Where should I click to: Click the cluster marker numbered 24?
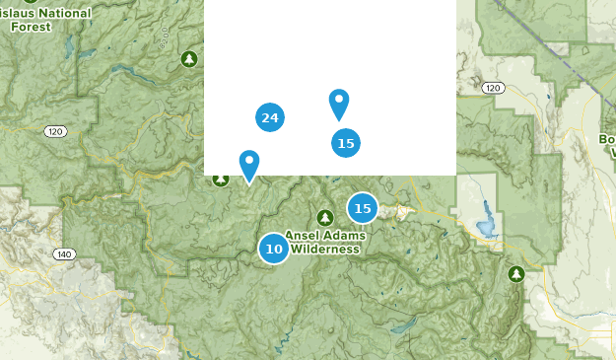coord(270,118)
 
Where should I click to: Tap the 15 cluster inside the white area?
coord(345,143)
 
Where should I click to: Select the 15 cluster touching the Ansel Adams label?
coord(363,208)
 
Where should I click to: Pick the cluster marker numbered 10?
coord(274,249)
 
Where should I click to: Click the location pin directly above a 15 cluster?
coord(339,103)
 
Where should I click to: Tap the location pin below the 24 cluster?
coord(249,164)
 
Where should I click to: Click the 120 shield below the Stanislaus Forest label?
coord(54,131)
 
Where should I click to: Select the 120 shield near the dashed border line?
coord(494,89)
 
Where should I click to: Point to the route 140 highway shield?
coord(64,254)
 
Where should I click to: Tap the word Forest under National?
coord(32,27)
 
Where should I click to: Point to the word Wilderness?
coord(324,250)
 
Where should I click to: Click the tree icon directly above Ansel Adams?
coord(325,217)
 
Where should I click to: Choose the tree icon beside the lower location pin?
coord(222,179)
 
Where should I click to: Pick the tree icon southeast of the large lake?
coord(514,273)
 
